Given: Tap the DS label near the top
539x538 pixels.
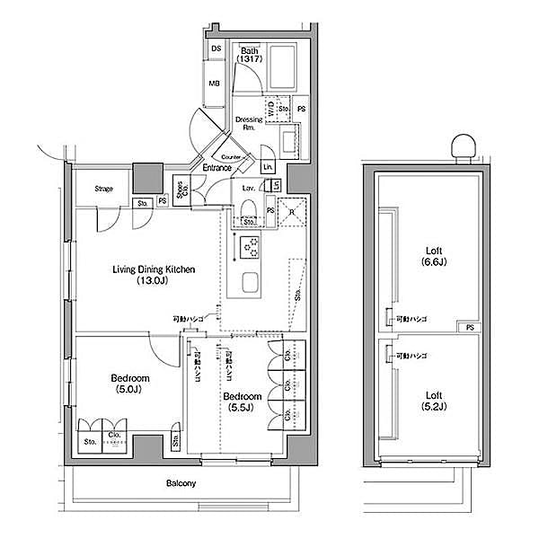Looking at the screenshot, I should [216, 49].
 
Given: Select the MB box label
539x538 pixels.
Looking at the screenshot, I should [216, 84].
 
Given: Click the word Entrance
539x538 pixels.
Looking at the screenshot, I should [216, 167].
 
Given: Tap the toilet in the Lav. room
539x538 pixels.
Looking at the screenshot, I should [249, 210].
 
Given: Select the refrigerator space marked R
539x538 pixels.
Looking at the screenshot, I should [293, 212].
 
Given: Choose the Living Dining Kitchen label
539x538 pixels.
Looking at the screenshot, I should [154, 275].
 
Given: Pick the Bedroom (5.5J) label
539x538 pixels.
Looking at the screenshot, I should [241, 401].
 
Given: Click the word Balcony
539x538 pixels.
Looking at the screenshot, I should [181, 484].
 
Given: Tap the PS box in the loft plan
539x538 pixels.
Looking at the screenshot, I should [466, 327].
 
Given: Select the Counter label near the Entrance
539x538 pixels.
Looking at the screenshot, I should [232, 156].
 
